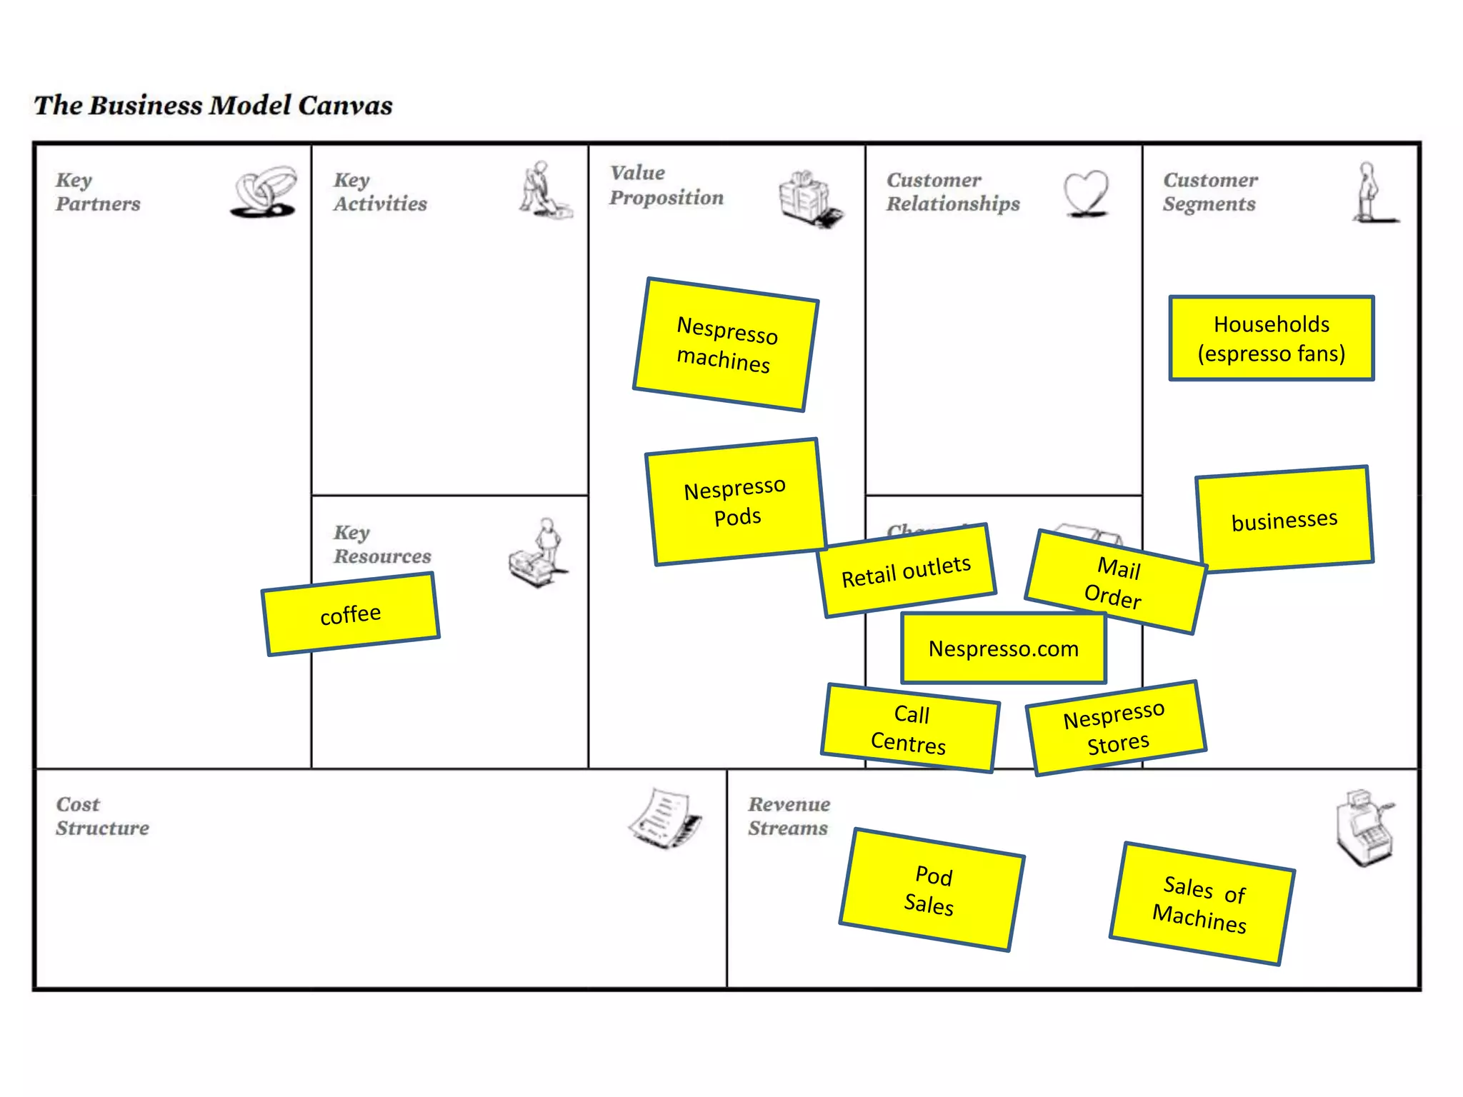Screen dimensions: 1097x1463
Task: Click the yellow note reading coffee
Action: pos(350,614)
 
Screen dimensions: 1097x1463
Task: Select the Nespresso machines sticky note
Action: pos(725,344)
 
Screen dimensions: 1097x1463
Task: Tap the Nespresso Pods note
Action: pos(736,502)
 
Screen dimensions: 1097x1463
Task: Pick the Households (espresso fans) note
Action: pos(1272,339)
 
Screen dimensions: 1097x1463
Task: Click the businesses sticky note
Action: pos(1284,519)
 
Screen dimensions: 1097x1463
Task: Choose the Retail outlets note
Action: pos(907,571)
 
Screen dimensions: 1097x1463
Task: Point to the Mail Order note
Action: pos(1116,582)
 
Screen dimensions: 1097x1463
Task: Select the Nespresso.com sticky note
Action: pos(1004,648)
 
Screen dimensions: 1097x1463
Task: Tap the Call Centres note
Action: pos(909,728)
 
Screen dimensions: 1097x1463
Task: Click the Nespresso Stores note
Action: pos(1116,728)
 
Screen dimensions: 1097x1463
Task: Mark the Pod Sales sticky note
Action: pos(932,890)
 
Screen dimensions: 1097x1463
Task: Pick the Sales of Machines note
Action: pos(1202,903)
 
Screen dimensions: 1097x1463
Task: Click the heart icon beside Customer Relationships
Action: pos(1086,192)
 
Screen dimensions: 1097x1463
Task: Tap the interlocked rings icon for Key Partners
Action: pos(264,191)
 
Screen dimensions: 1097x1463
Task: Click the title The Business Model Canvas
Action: pos(213,106)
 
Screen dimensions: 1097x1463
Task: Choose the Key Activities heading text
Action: pos(379,192)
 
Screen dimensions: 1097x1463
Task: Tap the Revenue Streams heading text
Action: pos(789,816)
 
